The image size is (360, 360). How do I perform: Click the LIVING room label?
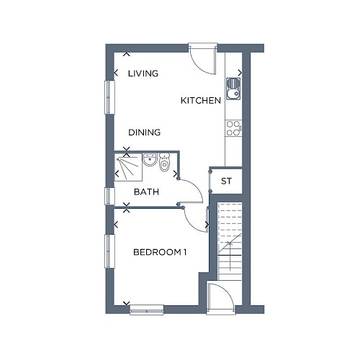pos(143,73)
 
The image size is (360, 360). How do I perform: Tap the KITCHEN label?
pos(201,101)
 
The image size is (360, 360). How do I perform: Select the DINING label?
pos(145,132)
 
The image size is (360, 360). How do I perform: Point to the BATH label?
pos(146,192)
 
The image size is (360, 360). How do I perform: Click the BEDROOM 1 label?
pos(160,252)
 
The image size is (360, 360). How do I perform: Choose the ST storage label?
pos(226,181)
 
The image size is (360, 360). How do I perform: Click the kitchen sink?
pos(233,89)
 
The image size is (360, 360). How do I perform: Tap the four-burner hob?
pos(233,128)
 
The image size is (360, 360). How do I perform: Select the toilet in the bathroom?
pos(165,163)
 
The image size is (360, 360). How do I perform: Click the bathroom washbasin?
pos(150,159)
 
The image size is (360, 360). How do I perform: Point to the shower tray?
pos(128,167)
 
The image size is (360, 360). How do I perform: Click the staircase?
pos(230,241)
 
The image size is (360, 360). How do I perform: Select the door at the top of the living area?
pos(203,59)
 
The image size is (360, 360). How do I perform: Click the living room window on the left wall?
pos(109,97)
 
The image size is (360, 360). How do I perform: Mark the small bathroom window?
pos(109,197)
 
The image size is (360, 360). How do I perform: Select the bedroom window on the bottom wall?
pos(147,310)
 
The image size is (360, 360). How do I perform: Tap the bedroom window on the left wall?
pos(109,251)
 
